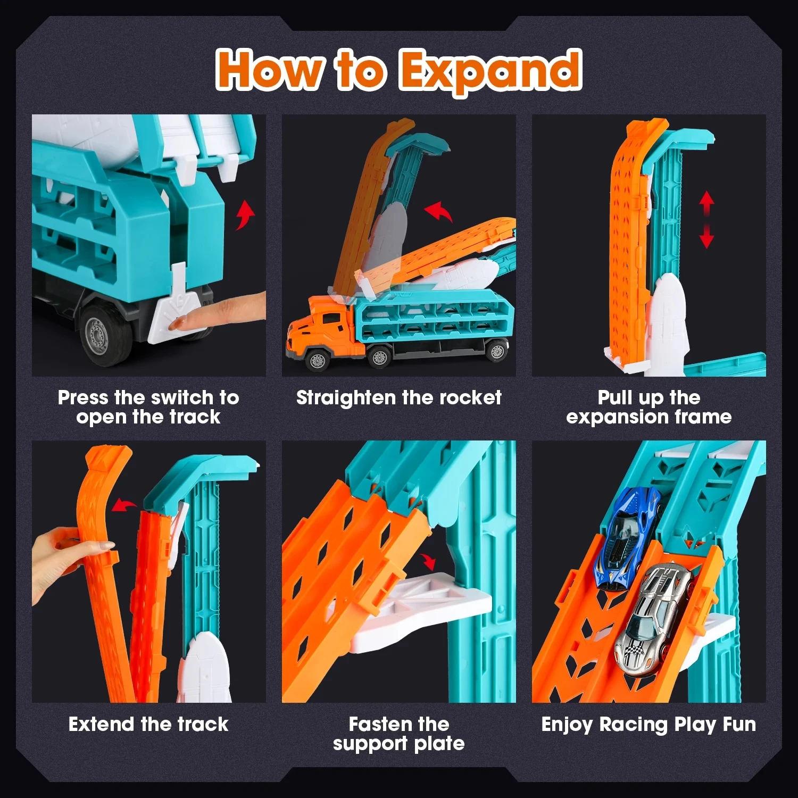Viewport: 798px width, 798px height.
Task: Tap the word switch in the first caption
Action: (181, 397)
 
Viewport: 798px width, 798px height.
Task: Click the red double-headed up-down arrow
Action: (706, 220)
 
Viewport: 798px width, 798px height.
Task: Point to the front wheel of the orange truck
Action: (317, 359)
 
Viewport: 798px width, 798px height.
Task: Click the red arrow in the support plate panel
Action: (428, 561)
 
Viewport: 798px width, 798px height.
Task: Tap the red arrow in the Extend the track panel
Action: (123, 504)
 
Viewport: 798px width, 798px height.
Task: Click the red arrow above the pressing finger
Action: (245, 214)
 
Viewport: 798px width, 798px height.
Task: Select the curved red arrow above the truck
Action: (438, 211)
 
